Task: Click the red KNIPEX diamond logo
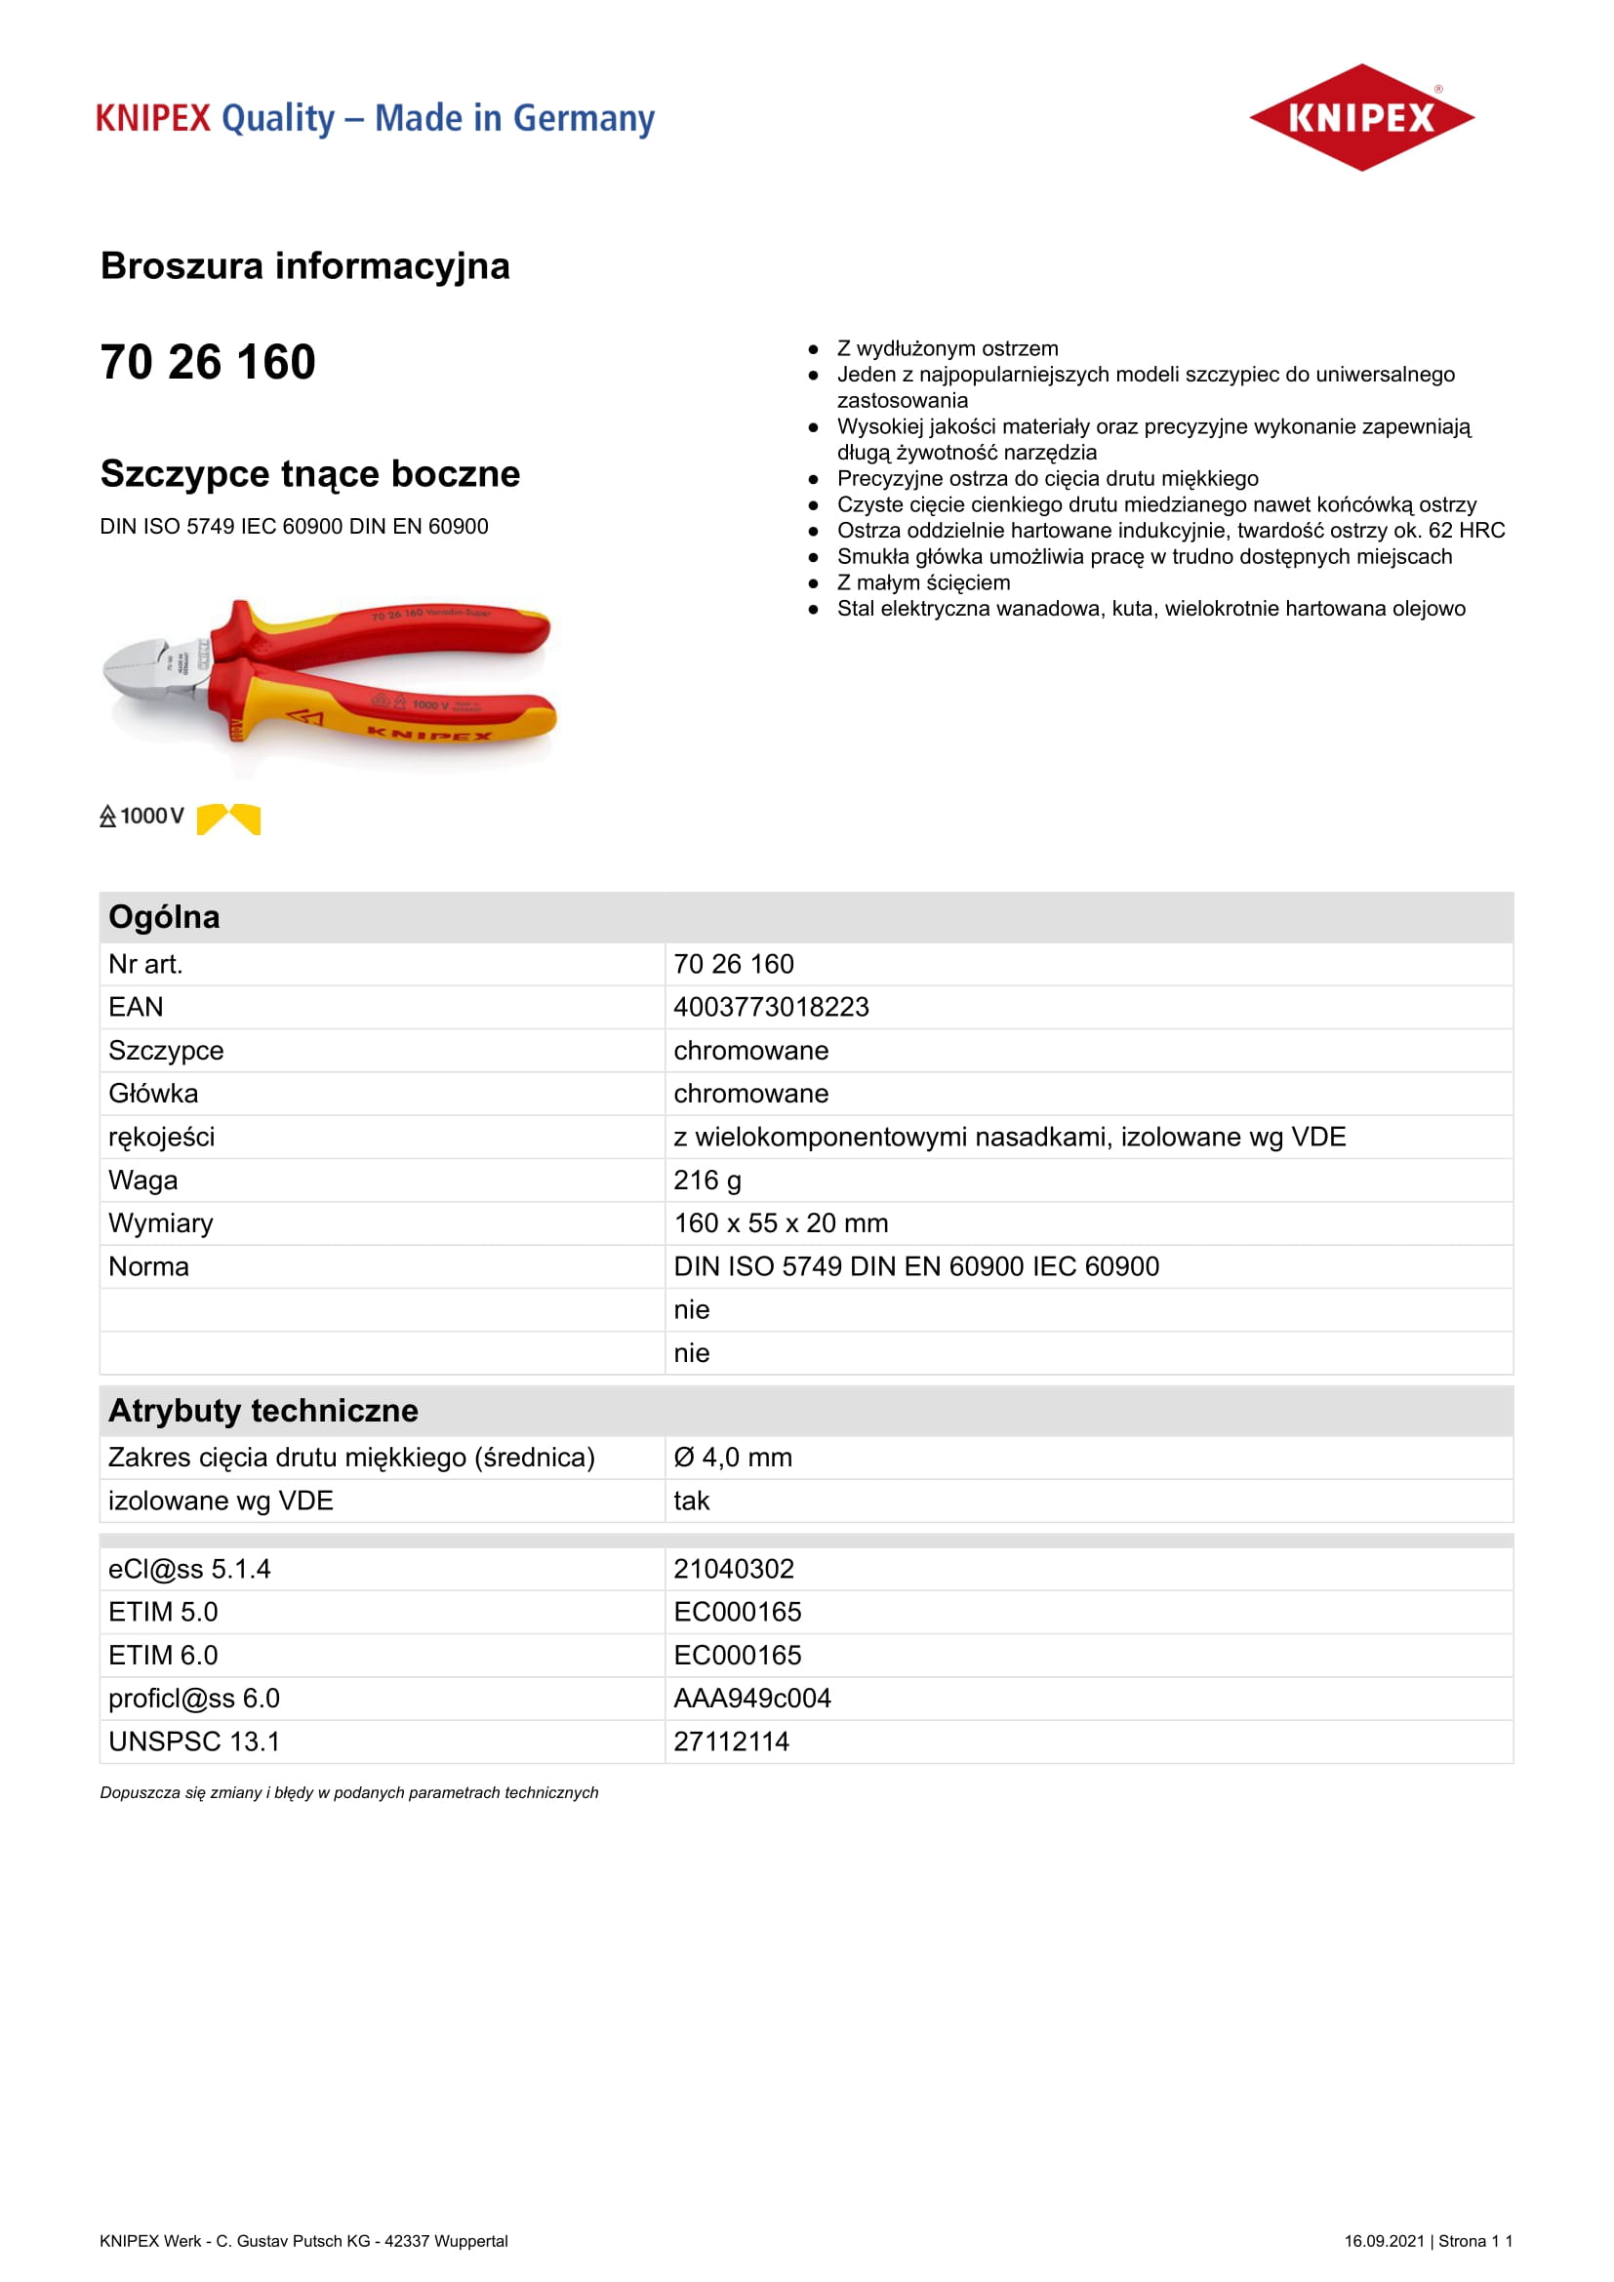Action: point(1360,117)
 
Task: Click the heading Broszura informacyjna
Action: point(305,266)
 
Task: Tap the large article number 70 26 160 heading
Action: point(208,362)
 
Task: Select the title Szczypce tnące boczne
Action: point(310,474)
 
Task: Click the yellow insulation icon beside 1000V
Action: point(228,818)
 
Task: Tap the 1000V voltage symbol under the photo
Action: point(142,816)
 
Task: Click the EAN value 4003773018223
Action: point(771,1007)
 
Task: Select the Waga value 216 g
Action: point(707,1180)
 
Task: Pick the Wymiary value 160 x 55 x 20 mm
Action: point(782,1222)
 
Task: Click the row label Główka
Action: point(153,1094)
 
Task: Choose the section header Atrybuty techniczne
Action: point(263,1411)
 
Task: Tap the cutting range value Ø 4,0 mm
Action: point(734,1457)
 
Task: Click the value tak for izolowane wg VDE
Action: point(692,1500)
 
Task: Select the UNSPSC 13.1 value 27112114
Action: point(732,1742)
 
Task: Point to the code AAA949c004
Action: point(752,1698)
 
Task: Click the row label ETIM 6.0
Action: point(163,1655)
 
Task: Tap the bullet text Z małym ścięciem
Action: point(923,582)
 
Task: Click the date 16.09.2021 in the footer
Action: point(1384,2240)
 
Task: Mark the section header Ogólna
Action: point(164,916)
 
